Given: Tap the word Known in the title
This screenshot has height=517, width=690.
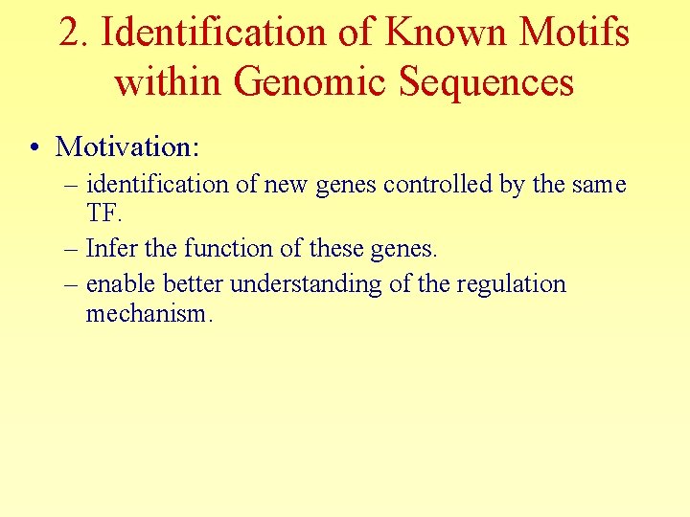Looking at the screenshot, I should pos(445,34).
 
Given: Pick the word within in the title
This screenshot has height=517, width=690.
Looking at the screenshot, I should pos(168,81).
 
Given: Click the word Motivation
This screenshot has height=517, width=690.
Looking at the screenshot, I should pos(127,146).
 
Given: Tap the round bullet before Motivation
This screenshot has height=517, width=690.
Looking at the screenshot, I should pos(34,147).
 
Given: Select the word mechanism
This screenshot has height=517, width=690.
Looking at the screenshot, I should pos(147,314).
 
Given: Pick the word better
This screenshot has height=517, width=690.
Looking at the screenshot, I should pos(195,285).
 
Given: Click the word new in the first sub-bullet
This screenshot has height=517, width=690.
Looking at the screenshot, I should pos(284,184).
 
